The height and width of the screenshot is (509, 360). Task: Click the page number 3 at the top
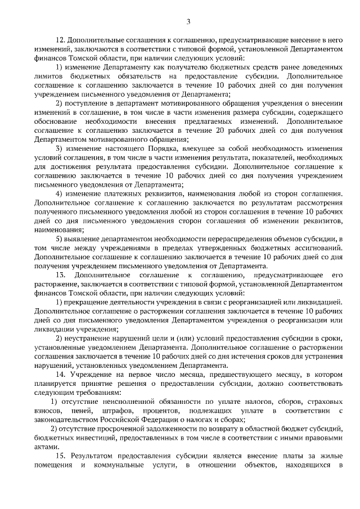(x=188, y=22)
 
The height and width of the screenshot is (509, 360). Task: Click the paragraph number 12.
(x=61, y=41)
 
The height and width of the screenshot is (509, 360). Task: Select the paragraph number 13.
(x=61, y=274)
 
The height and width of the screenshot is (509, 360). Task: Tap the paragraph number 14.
(x=61, y=375)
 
